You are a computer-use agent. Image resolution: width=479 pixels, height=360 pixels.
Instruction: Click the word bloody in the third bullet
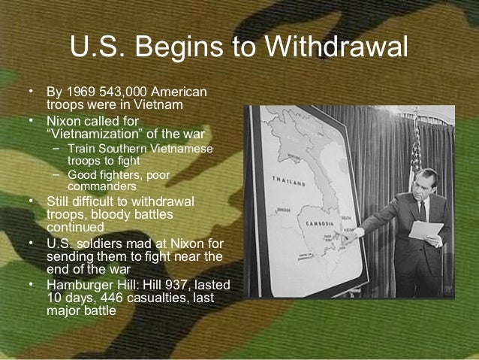(119, 215)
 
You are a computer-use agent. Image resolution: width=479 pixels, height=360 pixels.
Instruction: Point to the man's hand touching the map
(347, 236)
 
